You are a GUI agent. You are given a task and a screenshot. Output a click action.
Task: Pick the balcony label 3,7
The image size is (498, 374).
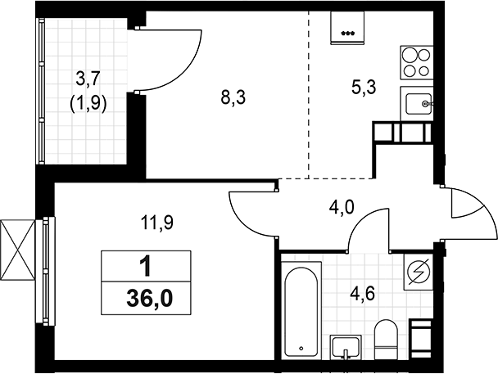click(x=89, y=79)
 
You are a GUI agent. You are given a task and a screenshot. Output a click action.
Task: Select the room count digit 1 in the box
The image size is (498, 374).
click(x=146, y=267)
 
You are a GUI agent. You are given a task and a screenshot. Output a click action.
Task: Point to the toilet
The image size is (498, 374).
click(x=385, y=340)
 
